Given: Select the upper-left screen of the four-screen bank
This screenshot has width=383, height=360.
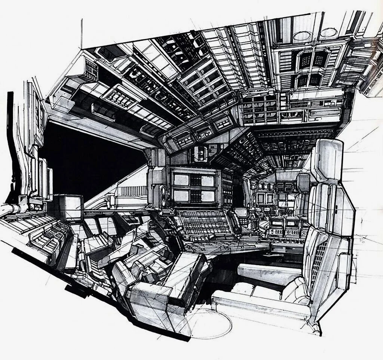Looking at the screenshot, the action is (x=181, y=180).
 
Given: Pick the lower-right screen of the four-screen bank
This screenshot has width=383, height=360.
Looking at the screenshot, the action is (x=207, y=195).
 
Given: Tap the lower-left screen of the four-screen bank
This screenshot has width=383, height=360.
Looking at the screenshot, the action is (x=181, y=195).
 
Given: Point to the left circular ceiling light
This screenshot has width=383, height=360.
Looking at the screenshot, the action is (x=303, y=36).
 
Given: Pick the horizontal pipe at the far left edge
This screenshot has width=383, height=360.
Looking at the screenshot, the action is (x=11, y=210).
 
